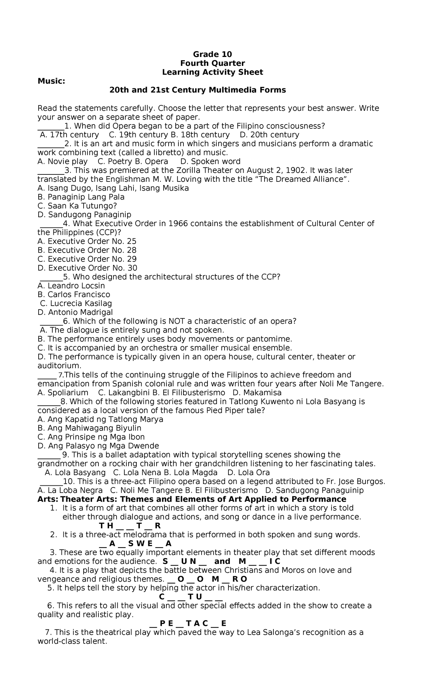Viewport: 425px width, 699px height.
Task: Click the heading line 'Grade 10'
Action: (212, 54)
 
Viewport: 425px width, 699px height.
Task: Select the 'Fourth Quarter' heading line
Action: (212, 63)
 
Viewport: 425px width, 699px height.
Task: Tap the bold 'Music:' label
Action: (51, 81)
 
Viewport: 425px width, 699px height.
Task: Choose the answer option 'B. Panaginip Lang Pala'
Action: (81, 197)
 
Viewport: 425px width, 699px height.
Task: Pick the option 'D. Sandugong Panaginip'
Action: (84, 215)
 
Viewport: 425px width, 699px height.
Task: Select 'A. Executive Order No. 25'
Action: (87, 241)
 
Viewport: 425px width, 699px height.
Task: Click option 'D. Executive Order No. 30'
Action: (87, 268)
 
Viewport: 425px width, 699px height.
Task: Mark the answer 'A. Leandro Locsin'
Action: (71, 286)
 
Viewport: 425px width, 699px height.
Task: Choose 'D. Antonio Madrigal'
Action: (75, 312)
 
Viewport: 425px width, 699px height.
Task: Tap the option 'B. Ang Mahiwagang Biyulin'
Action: (89, 428)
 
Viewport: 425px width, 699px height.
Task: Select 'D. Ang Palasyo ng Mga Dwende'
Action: (98, 446)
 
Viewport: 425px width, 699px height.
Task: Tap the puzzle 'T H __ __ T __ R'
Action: (130, 526)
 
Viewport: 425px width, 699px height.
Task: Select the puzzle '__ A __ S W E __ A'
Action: (135, 543)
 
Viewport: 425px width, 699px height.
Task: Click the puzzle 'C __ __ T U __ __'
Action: (191, 597)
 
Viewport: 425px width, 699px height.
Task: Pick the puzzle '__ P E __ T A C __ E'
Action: (188, 623)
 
